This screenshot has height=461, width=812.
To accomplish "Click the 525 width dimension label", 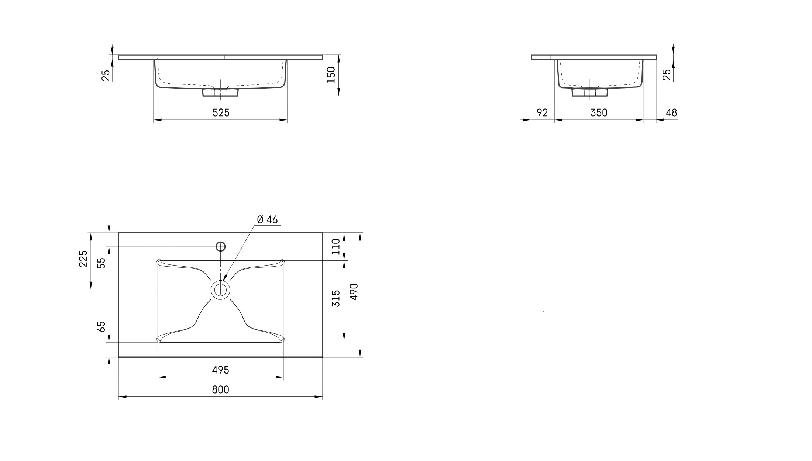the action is tap(221, 112).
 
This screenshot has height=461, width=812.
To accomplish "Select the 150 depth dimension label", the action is tap(331, 75).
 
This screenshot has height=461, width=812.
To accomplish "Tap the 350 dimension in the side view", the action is tap(599, 112).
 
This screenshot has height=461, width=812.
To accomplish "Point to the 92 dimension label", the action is tap(542, 112).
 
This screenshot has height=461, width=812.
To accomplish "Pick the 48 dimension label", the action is tap(671, 112).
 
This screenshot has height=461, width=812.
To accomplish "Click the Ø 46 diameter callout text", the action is tap(267, 219).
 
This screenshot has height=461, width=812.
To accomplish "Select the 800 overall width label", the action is tap(221, 389).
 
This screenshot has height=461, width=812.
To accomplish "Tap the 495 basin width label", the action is tap(221, 370).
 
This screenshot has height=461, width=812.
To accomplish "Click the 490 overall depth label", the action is tap(354, 292).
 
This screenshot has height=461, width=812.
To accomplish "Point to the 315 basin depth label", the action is tap(336, 298).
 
